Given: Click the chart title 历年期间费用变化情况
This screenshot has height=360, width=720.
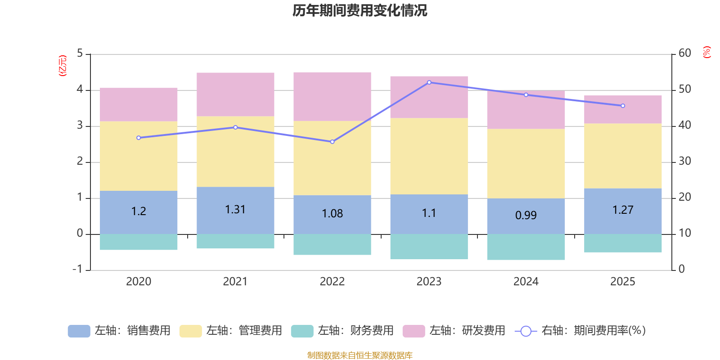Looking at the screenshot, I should click(360, 10).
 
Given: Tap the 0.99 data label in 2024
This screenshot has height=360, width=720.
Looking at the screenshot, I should click(526, 215).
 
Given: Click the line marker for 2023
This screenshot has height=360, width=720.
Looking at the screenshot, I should click(429, 82).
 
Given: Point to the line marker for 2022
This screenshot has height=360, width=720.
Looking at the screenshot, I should click(332, 142).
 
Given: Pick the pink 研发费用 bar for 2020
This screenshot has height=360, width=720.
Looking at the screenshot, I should click(139, 104).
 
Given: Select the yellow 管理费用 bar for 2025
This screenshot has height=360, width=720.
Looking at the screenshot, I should click(623, 156).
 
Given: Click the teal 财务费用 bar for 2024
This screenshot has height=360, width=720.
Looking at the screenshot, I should click(526, 247).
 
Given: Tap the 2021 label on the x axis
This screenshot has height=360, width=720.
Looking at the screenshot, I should click(235, 282).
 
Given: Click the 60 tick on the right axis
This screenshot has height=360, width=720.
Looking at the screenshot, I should click(684, 53).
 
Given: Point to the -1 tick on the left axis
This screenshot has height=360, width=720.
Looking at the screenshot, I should click(77, 269).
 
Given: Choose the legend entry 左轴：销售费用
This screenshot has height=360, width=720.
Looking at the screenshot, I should click(119, 331).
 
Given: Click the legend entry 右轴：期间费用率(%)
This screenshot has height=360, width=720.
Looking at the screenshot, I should click(580, 331).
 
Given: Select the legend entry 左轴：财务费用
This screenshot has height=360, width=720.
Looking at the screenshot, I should click(342, 331).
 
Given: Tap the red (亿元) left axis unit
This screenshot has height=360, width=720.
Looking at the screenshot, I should click(63, 66).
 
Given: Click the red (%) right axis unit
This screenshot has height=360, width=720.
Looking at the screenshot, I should click(706, 52).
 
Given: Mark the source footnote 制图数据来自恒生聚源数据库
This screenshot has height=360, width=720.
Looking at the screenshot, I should click(360, 355).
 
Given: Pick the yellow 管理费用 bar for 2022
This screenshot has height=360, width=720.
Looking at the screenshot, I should click(332, 158).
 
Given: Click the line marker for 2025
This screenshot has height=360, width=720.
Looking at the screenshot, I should click(623, 106).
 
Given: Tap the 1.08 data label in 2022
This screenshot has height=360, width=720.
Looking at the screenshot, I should click(332, 213).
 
